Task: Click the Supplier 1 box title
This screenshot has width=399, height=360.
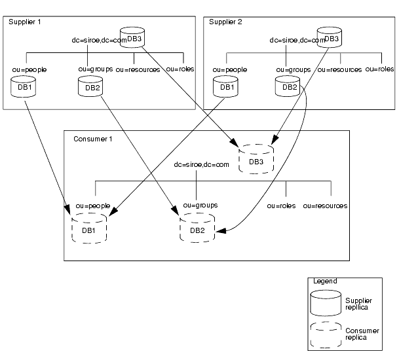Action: point(24,22)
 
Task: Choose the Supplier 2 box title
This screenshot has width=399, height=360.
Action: point(225,22)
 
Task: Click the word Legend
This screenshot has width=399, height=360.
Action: point(324,281)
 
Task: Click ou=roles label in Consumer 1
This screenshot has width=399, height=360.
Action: point(280,206)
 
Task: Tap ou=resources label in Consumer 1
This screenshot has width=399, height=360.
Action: point(325,206)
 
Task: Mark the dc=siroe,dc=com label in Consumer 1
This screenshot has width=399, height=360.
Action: point(202,164)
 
